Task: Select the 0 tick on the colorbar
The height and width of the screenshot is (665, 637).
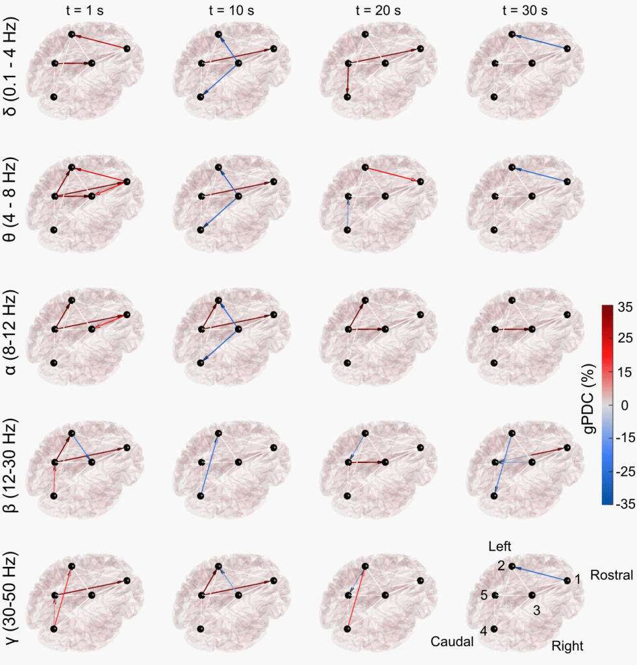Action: coord(625,405)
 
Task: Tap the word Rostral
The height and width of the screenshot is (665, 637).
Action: coord(611,575)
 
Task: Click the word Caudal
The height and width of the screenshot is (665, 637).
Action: coord(451,642)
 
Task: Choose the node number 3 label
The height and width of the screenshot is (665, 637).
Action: coord(536,610)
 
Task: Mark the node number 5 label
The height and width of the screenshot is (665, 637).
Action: coord(484,596)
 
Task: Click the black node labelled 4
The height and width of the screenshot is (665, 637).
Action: coord(495,629)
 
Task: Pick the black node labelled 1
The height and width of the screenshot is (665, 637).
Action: coord(568,579)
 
